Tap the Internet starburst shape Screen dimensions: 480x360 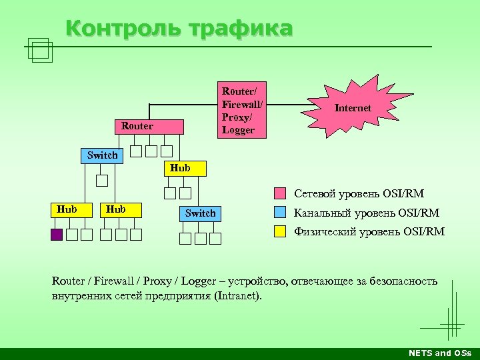(x=353, y=107)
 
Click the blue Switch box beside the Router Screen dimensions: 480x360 (x=102, y=155)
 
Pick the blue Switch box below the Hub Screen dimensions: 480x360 (x=200, y=213)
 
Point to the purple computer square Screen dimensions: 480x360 (x=57, y=234)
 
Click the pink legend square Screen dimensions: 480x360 (x=281, y=194)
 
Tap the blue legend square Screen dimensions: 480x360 (x=281, y=213)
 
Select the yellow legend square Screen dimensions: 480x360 (x=281, y=232)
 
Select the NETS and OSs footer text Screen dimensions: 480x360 (x=439, y=353)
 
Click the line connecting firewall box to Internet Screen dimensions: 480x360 (x=293, y=104)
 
